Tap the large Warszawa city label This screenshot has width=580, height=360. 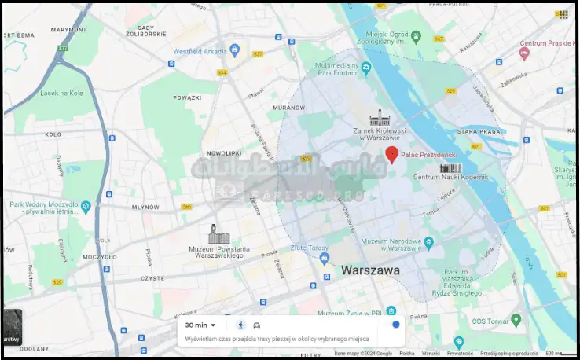pos(370,270)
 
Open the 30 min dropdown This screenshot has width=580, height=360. pos(200,325)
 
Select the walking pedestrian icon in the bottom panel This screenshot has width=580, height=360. pos(240,325)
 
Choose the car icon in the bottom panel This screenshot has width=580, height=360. pos(257,325)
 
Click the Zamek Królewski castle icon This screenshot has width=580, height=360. pos(379,117)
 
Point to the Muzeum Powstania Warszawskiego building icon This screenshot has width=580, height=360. pos(214,233)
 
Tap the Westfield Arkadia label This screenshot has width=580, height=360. pos(200,52)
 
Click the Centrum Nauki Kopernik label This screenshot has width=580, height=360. pos(450,178)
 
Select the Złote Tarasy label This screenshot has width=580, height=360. pos(309,248)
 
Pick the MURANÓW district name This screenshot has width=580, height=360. pos(288,106)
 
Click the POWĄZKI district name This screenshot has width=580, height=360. pos(187,97)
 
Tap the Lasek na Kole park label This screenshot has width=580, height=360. pos(61,93)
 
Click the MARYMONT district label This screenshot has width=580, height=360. pos(68,30)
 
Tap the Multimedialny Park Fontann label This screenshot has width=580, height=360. pos(336,71)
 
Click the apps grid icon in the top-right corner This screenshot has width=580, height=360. pos(562,14)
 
